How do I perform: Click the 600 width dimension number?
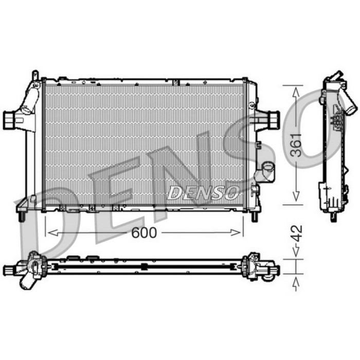[143, 232]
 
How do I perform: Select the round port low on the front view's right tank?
[267, 170]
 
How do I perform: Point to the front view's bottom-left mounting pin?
[22, 217]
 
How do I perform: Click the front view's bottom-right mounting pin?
[254, 217]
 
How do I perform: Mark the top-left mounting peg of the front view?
[35, 75]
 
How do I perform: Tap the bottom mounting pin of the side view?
[333, 217]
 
